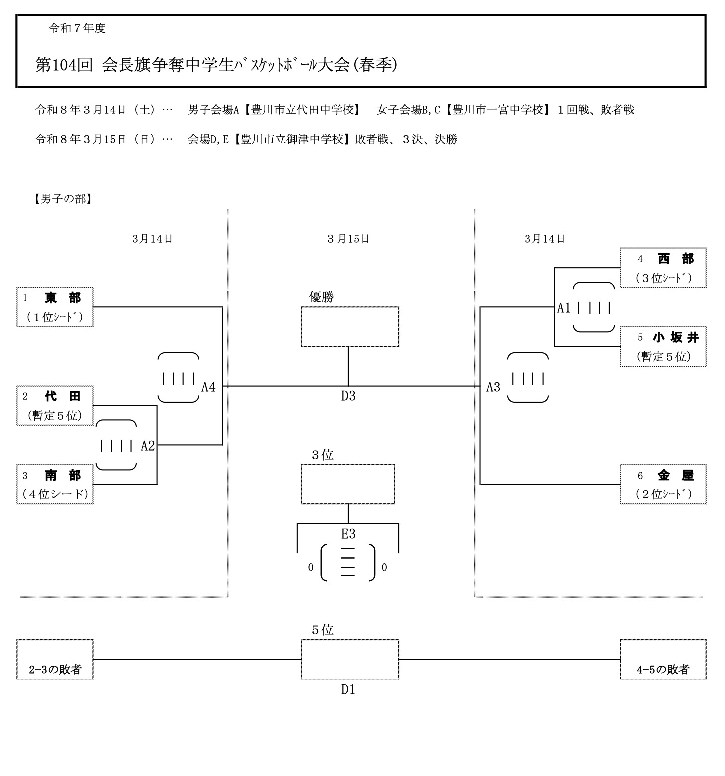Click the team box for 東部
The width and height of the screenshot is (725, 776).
(55, 307)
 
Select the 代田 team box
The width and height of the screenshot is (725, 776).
(55, 405)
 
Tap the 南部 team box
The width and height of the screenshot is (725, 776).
(55, 484)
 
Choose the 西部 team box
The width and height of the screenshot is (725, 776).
(663, 268)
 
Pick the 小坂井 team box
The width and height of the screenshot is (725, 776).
(663, 347)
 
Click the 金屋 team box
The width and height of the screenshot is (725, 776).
(663, 485)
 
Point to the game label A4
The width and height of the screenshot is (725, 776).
(208, 387)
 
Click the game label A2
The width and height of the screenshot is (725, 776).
(148, 446)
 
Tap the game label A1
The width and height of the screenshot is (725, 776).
(564, 308)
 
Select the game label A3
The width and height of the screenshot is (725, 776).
(493, 387)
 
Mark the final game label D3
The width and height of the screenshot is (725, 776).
(348, 396)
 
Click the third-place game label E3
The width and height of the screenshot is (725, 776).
(348, 534)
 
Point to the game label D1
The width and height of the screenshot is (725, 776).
(348, 690)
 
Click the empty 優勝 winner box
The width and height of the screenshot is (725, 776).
(350, 327)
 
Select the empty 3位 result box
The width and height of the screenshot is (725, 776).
(348, 484)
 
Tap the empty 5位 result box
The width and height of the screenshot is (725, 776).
(350, 660)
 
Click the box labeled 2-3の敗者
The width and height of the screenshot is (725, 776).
(55, 660)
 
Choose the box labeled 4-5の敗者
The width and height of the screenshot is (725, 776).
(663, 660)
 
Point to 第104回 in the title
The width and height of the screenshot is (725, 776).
(64, 65)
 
